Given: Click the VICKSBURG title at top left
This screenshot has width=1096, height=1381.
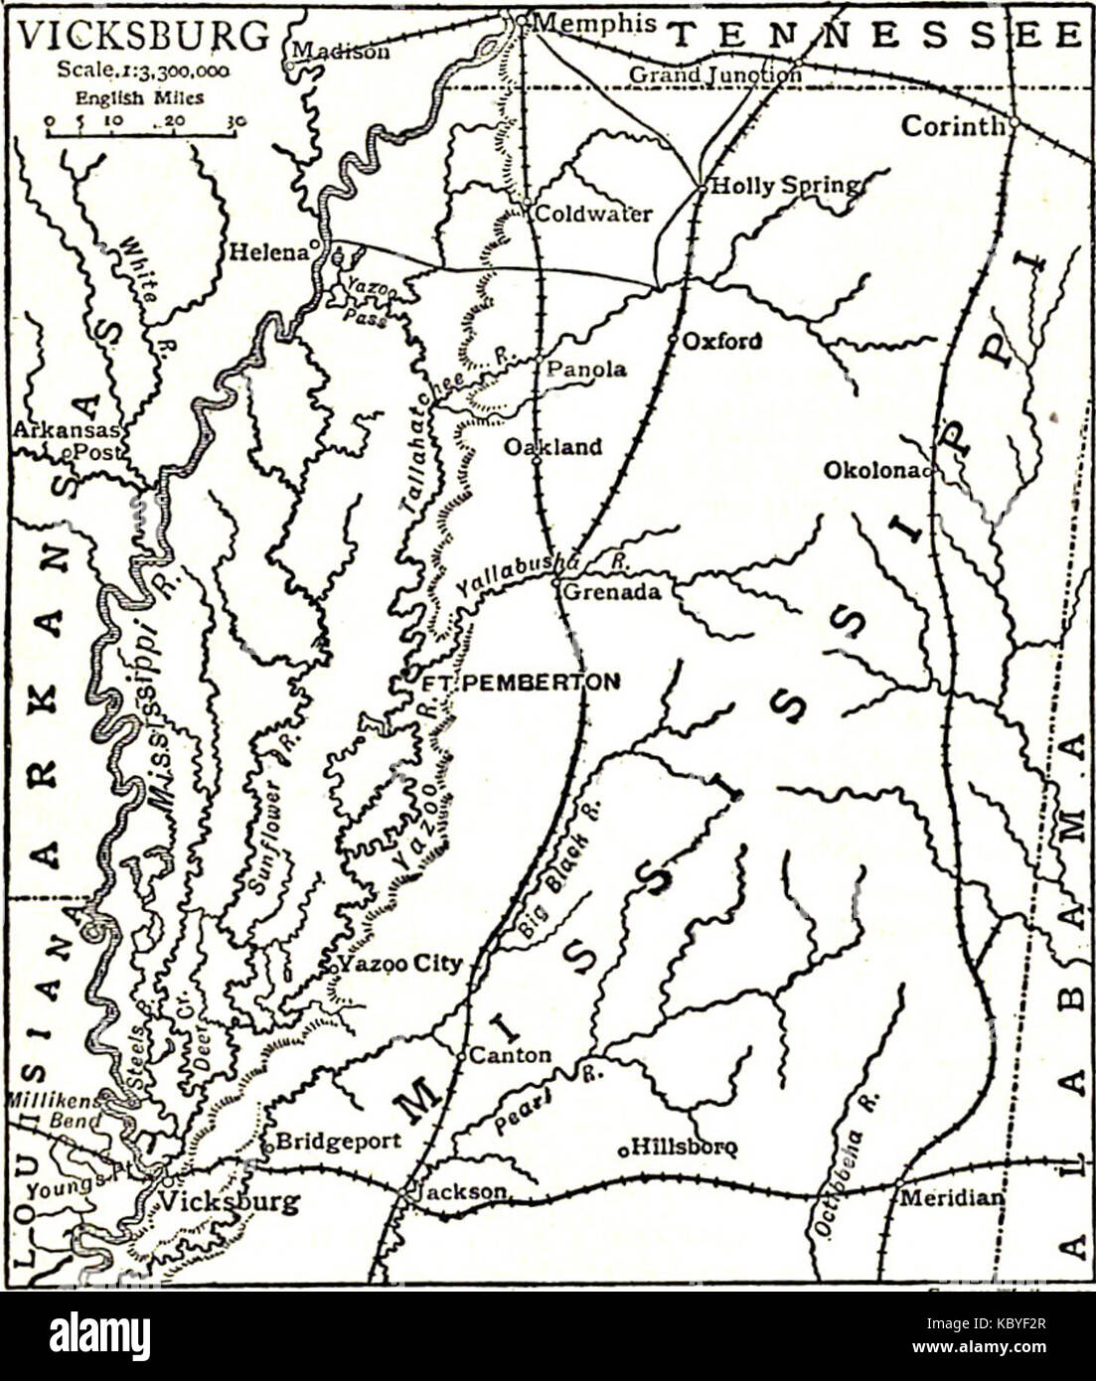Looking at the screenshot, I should [144, 36].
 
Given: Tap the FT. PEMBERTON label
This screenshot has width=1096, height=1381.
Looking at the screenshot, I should [522, 682].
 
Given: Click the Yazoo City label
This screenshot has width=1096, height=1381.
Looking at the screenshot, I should [399, 964].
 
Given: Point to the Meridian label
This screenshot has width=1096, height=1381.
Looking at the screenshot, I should [952, 1198].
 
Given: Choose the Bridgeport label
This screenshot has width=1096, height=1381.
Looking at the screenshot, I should [338, 1141].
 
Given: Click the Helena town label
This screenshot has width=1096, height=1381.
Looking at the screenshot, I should [268, 252].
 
